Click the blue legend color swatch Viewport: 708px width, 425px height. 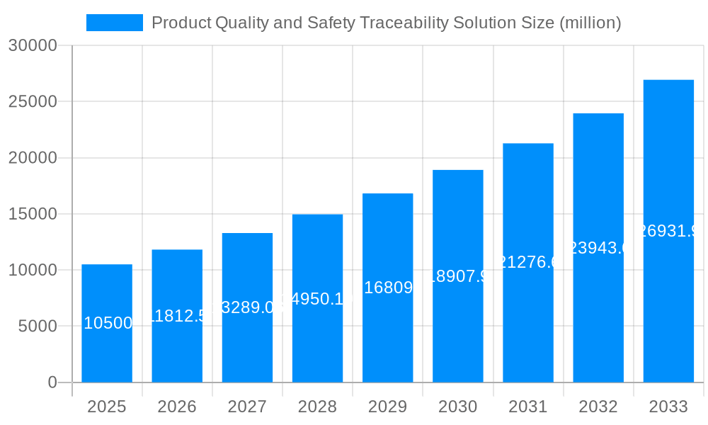114,23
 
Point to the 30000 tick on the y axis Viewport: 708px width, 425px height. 33,45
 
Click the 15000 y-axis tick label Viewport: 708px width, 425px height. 33,214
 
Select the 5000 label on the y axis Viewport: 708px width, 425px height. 38,327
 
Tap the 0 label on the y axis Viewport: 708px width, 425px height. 52,382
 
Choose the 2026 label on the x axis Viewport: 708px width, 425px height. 177,407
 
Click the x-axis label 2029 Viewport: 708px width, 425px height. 387,407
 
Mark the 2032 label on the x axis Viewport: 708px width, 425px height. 598,407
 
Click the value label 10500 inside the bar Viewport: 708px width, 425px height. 108,323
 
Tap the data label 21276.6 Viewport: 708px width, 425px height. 528,262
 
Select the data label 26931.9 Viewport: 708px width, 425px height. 669,231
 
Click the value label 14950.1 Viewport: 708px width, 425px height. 317,299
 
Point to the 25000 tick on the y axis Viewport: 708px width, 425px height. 33,102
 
